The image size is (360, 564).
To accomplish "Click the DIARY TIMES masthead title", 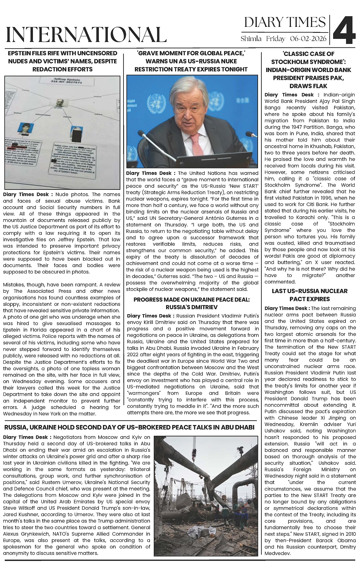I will tap(285, 22).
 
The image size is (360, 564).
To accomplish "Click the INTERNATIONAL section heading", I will tap(86, 34).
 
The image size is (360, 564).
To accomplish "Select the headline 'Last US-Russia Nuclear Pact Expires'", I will tap(310, 295).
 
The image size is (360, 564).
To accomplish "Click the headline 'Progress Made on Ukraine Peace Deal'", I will tap(192, 303).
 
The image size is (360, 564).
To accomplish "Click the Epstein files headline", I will tap(62, 61).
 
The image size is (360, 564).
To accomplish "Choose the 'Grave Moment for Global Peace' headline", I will tap(191, 61).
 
